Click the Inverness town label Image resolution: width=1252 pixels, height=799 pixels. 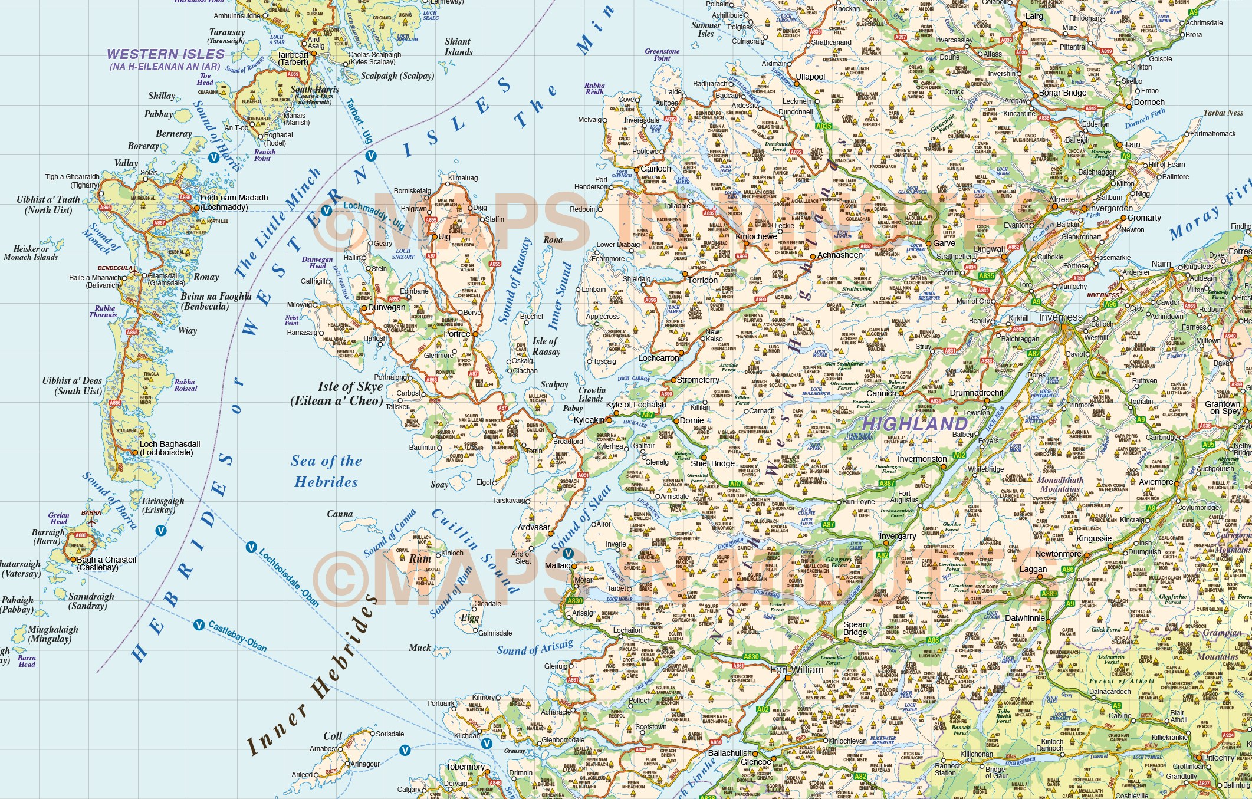click(x=1060, y=317)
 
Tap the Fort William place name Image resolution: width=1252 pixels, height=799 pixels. click(x=797, y=670)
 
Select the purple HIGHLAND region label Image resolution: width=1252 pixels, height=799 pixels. click(x=915, y=424)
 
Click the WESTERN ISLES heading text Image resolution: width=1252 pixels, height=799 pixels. click(x=166, y=54)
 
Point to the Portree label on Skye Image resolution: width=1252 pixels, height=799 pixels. click(x=457, y=334)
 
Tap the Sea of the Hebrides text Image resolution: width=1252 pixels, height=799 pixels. click(x=326, y=472)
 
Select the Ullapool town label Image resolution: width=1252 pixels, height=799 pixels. click(x=810, y=77)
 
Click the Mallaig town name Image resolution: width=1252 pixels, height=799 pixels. click(x=557, y=565)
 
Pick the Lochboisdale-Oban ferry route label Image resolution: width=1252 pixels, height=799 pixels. click(x=289, y=577)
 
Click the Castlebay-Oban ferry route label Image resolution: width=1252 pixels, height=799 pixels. click(x=237, y=637)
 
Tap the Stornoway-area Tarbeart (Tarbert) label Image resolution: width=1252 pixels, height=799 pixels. click(x=293, y=58)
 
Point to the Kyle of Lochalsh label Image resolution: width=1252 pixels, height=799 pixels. click(x=636, y=405)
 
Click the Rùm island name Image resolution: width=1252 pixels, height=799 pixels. click(x=420, y=558)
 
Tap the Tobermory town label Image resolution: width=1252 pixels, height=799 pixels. click(x=465, y=767)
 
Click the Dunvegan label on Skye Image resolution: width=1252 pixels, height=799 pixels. click(x=387, y=307)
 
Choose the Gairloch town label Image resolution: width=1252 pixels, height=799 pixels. click(x=656, y=169)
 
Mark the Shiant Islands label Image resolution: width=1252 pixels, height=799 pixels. click(x=458, y=47)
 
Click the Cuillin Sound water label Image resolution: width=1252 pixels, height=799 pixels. click(x=475, y=551)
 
